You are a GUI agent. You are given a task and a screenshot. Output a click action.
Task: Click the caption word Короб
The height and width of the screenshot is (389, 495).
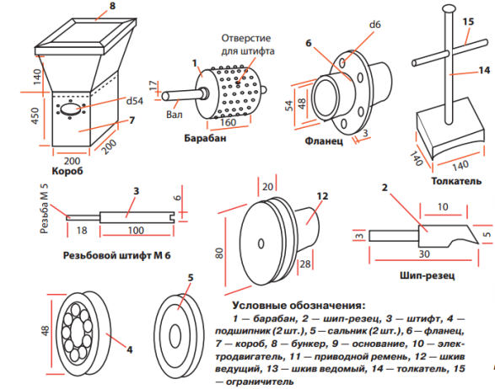pos(67,171)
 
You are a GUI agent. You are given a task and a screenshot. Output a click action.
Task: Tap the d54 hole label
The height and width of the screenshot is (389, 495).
pos(134,101)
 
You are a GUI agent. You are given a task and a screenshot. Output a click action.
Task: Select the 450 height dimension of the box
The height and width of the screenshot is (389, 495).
pos(35,115)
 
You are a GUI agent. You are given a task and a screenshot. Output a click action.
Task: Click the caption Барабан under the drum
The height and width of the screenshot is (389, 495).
pos(205,138)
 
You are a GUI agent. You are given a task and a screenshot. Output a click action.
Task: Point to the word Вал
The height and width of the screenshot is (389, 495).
pos(175,114)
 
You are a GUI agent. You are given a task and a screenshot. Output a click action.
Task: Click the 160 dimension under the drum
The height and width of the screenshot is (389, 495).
pos(228,122)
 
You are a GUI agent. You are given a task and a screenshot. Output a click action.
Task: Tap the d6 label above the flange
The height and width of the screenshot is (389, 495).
pos(375,24)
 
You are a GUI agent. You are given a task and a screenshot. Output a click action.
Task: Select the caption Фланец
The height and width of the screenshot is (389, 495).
pos(324,141)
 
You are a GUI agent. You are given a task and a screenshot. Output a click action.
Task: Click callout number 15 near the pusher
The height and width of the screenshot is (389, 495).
pos(469,21)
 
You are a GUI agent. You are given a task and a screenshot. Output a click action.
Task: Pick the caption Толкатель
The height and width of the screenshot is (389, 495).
pos(456,181)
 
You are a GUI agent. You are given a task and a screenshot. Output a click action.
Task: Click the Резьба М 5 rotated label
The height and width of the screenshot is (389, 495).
pos(45,208)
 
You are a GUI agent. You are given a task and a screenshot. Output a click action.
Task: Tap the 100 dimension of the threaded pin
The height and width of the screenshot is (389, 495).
pos(136,230)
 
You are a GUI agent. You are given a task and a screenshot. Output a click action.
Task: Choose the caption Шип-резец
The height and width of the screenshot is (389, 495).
pos(428,276)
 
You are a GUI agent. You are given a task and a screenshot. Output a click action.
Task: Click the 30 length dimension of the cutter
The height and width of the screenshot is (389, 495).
pos(424,253)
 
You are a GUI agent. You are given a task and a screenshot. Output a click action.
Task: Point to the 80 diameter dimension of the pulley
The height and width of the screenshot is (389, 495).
pos(219,253)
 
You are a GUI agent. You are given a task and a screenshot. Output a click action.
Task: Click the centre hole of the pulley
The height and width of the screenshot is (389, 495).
pos(261,243)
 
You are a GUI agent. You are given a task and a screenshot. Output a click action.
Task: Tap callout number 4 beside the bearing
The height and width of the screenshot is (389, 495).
pos(129,349)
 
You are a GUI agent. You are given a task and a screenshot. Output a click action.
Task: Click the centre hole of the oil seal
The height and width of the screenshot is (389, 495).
pos(175,336)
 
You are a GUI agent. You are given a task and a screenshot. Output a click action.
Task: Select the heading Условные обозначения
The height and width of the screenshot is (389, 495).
pos(299,306)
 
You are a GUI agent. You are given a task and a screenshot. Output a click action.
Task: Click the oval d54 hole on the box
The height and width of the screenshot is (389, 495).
pos(70,109)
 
